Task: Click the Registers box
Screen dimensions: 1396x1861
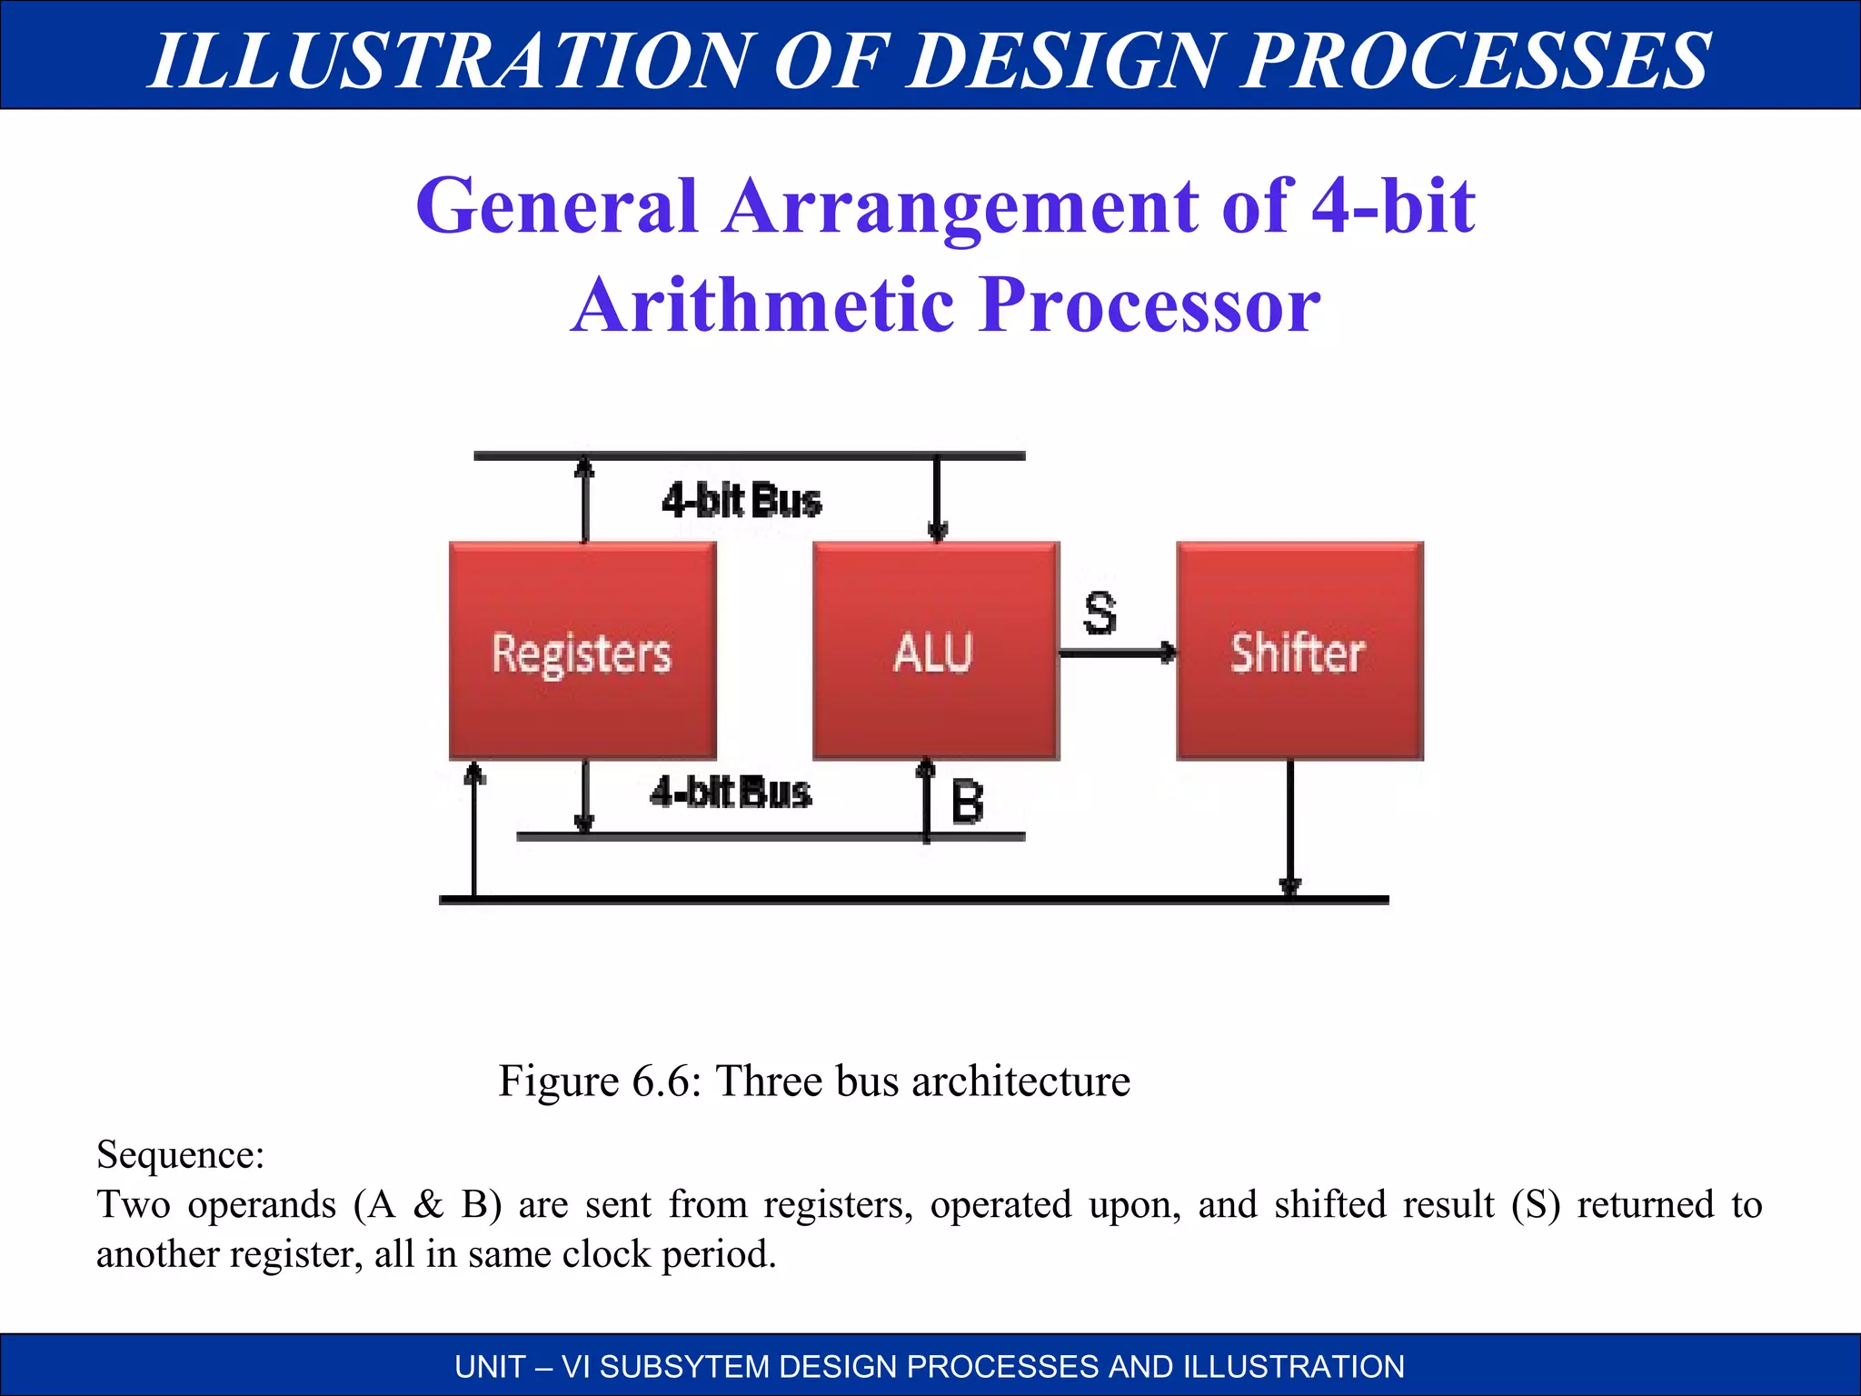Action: tap(582, 651)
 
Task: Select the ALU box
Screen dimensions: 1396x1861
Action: tap(935, 651)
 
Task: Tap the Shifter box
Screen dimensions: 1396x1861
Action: tap(1299, 651)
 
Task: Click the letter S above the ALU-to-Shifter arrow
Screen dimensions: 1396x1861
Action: tap(1100, 613)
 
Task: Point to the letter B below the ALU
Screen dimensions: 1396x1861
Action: tap(968, 803)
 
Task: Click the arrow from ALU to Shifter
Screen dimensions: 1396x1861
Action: tap(1118, 652)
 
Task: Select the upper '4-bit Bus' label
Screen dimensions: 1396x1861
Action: tap(741, 501)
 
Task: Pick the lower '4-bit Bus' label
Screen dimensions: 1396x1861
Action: tap(731, 792)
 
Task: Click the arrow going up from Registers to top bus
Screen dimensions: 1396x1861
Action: tap(585, 499)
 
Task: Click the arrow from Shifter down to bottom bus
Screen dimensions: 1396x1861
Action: tap(1290, 827)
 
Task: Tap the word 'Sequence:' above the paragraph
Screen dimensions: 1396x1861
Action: tap(180, 1154)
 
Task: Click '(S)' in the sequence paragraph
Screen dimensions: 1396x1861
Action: tap(1536, 1203)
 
